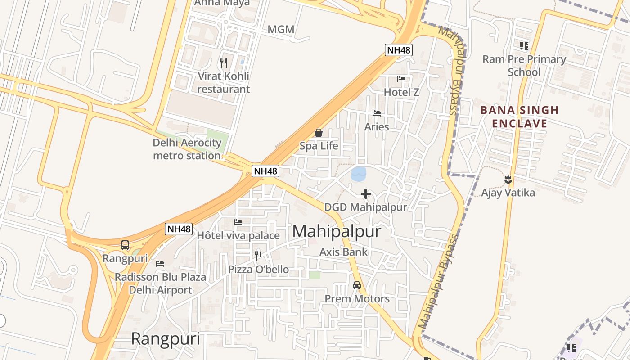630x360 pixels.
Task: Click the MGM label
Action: [x=281, y=30]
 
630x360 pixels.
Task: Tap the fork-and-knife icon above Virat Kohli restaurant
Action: [x=224, y=63]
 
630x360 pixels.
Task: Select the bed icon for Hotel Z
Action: [x=401, y=79]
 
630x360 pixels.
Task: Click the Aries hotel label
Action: [x=377, y=127]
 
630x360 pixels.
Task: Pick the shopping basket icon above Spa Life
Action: [x=319, y=133]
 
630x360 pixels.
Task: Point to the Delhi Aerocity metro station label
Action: [x=187, y=149]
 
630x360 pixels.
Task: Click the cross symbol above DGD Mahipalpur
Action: [x=366, y=194]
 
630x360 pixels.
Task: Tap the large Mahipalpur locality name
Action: [x=337, y=232]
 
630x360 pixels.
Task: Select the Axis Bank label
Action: [x=344, y=252]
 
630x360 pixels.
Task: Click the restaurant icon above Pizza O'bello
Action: [x=258, y=256]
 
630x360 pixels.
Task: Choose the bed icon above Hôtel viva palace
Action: [x=238, y=222]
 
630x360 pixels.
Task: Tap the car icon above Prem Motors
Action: [x=357, y=285]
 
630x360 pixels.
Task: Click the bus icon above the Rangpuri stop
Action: [x=125, y=245]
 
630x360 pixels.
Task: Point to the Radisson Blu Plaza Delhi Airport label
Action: [x=161, y=283]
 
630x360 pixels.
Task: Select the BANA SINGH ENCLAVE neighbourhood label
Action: [x=519, y=117]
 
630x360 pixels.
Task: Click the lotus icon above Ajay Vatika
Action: [x=508, y=180]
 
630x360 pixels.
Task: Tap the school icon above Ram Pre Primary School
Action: [x=524, y=45]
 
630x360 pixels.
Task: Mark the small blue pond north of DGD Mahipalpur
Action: [x=359, y=174]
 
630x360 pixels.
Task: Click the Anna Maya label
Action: [x=222, y=3]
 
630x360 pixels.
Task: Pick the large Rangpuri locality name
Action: [x=165, y=339]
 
